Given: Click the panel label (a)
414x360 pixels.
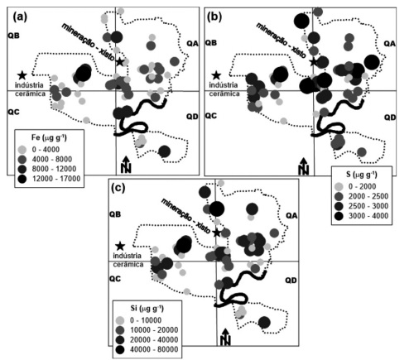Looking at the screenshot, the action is tap(20, 17).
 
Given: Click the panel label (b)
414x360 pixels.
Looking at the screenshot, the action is tap(214, 17).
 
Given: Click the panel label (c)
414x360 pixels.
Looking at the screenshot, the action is tap(118, 188).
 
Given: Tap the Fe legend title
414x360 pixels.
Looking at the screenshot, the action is tap(49, 137).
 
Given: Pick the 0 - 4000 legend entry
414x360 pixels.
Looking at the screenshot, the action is tap(39, 150).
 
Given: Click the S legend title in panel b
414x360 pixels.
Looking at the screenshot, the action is tap(361, 175).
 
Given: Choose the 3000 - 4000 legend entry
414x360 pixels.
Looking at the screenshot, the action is tap(362, 216).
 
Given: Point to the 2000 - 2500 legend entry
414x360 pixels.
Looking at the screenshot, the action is tap(362, 196).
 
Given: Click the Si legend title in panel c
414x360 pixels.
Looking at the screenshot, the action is tap(147, 308).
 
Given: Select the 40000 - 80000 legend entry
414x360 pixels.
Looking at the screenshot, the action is tap(147, 349).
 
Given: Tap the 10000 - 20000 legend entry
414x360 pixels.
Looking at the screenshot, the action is tap(147, 330).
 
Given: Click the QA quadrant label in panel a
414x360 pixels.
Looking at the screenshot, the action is tap(192, 43).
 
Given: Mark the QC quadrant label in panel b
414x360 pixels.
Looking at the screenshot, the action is tap(211, 116).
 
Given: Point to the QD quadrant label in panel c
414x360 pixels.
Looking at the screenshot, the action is tap(291, 281).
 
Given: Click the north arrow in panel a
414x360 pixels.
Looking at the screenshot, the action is tap(126, 165).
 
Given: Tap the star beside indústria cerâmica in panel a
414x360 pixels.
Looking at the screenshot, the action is tap(22, 75).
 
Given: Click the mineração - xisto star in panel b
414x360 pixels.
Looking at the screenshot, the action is tap(313, 62).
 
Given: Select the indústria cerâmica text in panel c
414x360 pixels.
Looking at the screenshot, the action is tap(128, 260).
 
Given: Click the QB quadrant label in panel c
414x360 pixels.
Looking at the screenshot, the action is tap(115, 214).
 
